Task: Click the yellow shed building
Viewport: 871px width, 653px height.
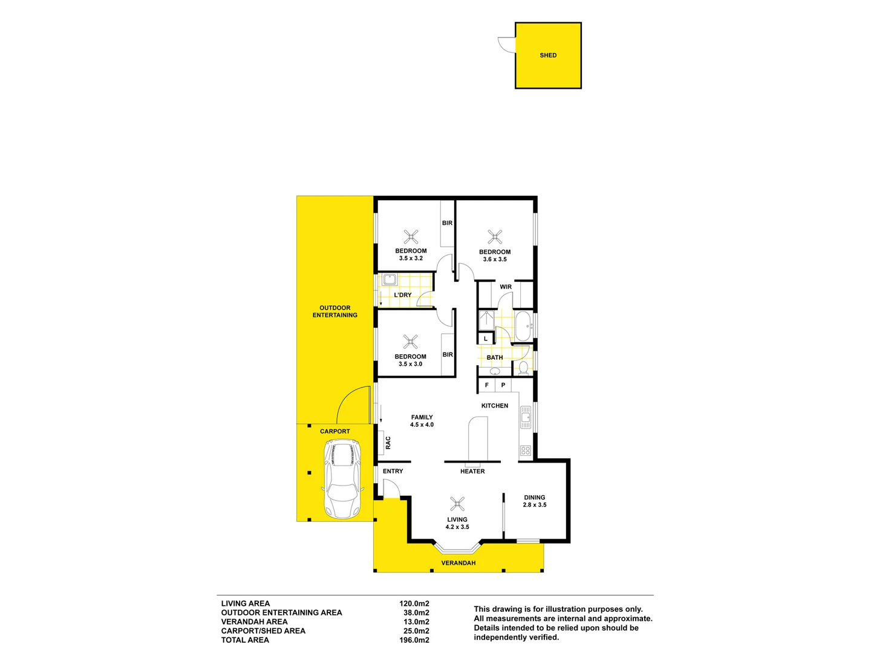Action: (548, 56)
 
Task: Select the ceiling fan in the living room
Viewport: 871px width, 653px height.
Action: (457, 503)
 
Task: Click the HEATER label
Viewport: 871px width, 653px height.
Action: (472, 472)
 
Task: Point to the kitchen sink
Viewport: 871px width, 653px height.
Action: (526, 417)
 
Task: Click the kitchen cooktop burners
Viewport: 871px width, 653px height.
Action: (526, 450)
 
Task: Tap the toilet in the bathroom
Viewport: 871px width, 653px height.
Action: (524, 368)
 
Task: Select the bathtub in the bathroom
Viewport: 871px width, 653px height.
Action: (523, 326)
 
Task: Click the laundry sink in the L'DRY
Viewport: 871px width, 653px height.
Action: (390, 280)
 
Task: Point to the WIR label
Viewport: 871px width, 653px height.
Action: (506, 287)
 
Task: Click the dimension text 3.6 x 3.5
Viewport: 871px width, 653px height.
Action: (495, 259)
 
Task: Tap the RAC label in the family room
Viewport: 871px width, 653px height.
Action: (388, 443)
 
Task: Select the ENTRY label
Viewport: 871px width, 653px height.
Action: (393, 472)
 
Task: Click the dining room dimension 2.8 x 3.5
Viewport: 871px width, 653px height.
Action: (535, 505)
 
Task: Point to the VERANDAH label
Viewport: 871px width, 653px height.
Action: (458, 563)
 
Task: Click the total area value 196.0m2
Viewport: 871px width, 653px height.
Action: (414, 640)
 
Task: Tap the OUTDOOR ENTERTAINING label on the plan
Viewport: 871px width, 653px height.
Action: (335, 311)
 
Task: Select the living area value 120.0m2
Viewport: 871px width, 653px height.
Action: (414, 603)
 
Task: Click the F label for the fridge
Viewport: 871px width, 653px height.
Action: (487, 385)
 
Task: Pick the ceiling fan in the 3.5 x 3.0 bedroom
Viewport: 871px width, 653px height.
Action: (411, 342)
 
